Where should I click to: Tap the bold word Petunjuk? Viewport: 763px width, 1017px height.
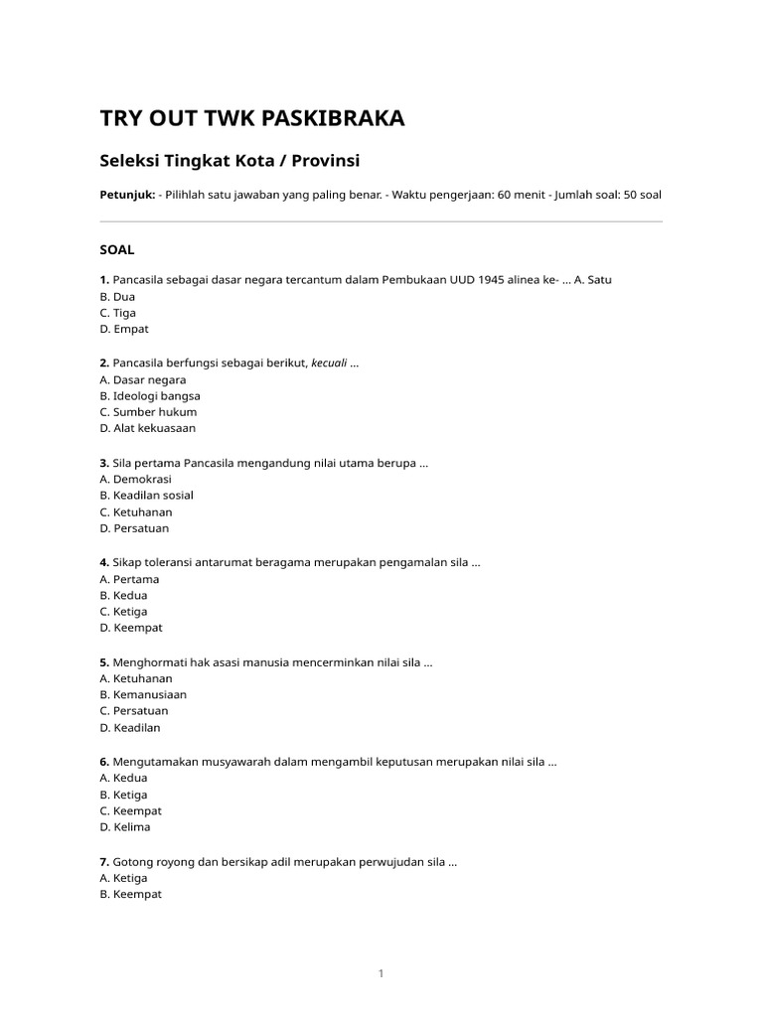(x=127, y=195)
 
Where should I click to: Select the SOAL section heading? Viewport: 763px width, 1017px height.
(x=117, y=249)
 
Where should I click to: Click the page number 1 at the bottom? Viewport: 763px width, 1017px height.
(x=381, y=973)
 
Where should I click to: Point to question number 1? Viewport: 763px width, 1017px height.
(x=104, y=280)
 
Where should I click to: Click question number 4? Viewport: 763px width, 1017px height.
(x=104, y=563)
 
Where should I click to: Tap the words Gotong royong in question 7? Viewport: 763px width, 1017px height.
(x=148, y=862)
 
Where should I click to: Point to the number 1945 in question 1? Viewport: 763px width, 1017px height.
(x=492, y=280)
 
